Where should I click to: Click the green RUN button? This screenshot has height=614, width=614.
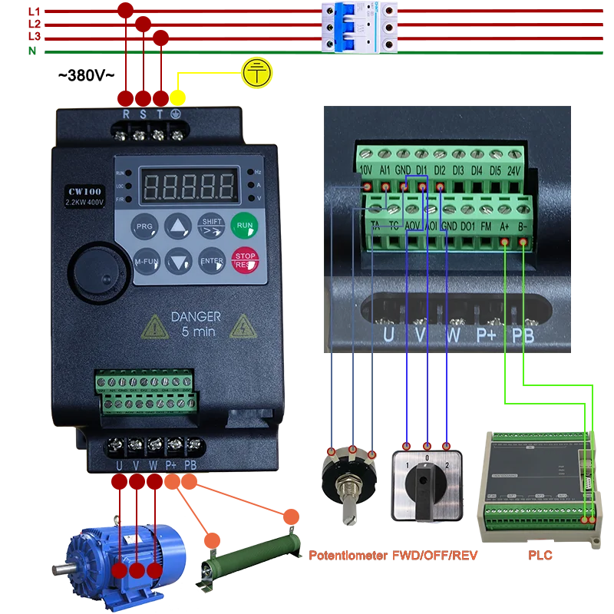244,226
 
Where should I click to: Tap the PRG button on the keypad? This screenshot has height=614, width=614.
144,227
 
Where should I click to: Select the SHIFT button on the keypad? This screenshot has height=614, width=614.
211,226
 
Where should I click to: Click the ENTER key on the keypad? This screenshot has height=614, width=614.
211,261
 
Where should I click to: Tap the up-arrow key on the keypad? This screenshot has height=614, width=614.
178,226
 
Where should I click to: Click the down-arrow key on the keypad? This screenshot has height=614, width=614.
178,262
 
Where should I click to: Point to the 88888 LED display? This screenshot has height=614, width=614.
189,185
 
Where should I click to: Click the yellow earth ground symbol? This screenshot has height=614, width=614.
257,72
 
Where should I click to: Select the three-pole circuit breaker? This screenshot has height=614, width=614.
360,28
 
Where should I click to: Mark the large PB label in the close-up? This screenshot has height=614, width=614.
522,335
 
